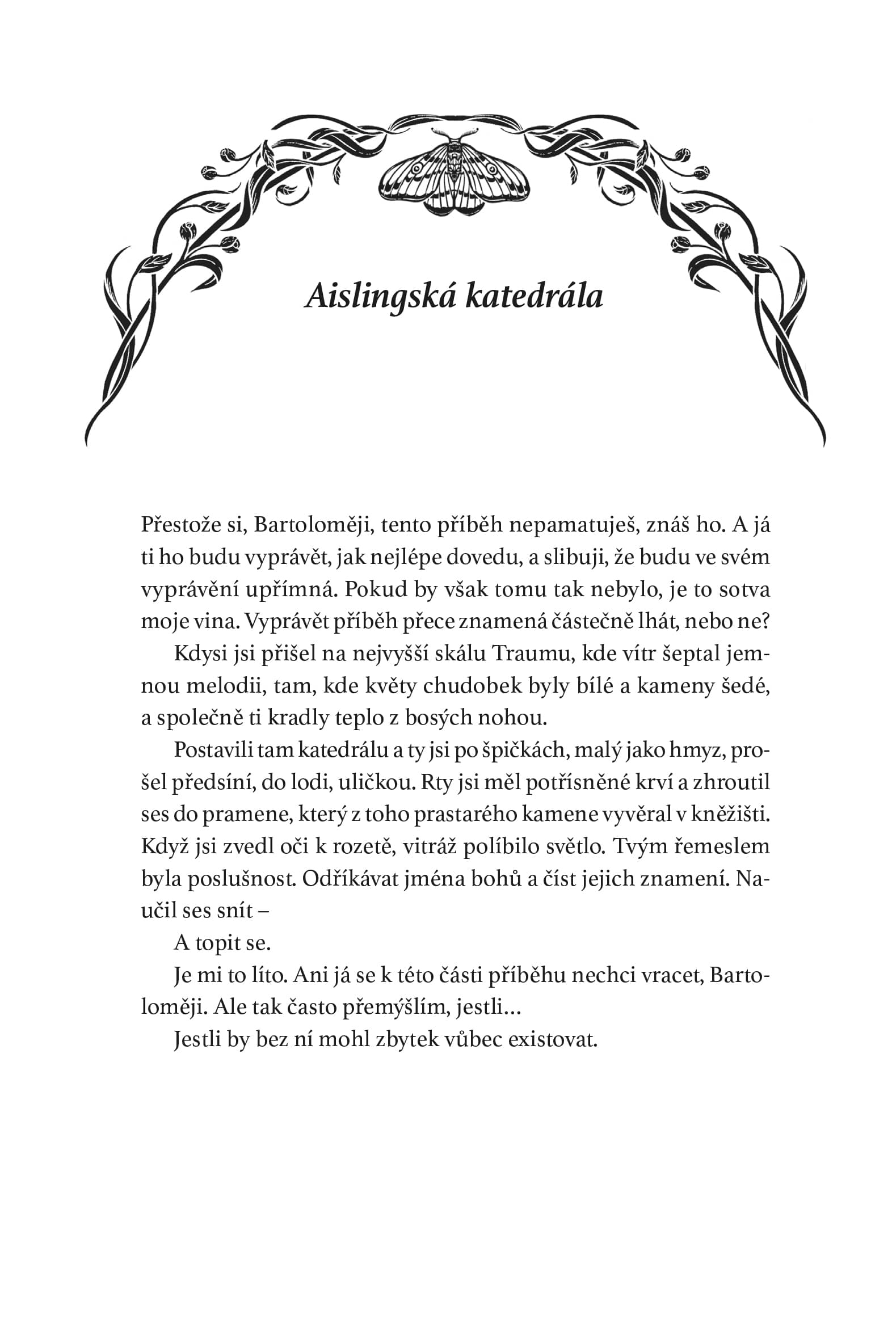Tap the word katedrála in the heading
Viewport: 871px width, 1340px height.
[x=533, y=297]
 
